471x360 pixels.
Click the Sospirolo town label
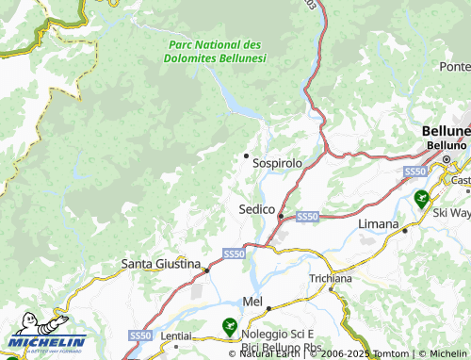pos(277,163)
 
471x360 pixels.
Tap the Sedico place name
pos(256,208)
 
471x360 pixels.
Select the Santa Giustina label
pos(162,264)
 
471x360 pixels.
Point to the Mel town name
pos(252,301)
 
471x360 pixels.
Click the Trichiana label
pos(330,280)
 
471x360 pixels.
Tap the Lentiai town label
pos(175,336)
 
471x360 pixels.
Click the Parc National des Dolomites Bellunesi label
pos(215,51)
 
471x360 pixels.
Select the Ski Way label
pos(451,214)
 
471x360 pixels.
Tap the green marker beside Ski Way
pos(421,198)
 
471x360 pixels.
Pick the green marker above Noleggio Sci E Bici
pos(229,326)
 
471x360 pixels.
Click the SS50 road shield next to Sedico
pos(307,217)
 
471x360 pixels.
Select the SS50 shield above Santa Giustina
pos(234,254)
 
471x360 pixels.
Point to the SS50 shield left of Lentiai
pos(139,335)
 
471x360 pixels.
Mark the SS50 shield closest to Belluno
pos(415,172)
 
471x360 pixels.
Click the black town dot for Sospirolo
pos(247,155)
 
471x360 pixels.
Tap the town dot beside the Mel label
pos(268,307)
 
